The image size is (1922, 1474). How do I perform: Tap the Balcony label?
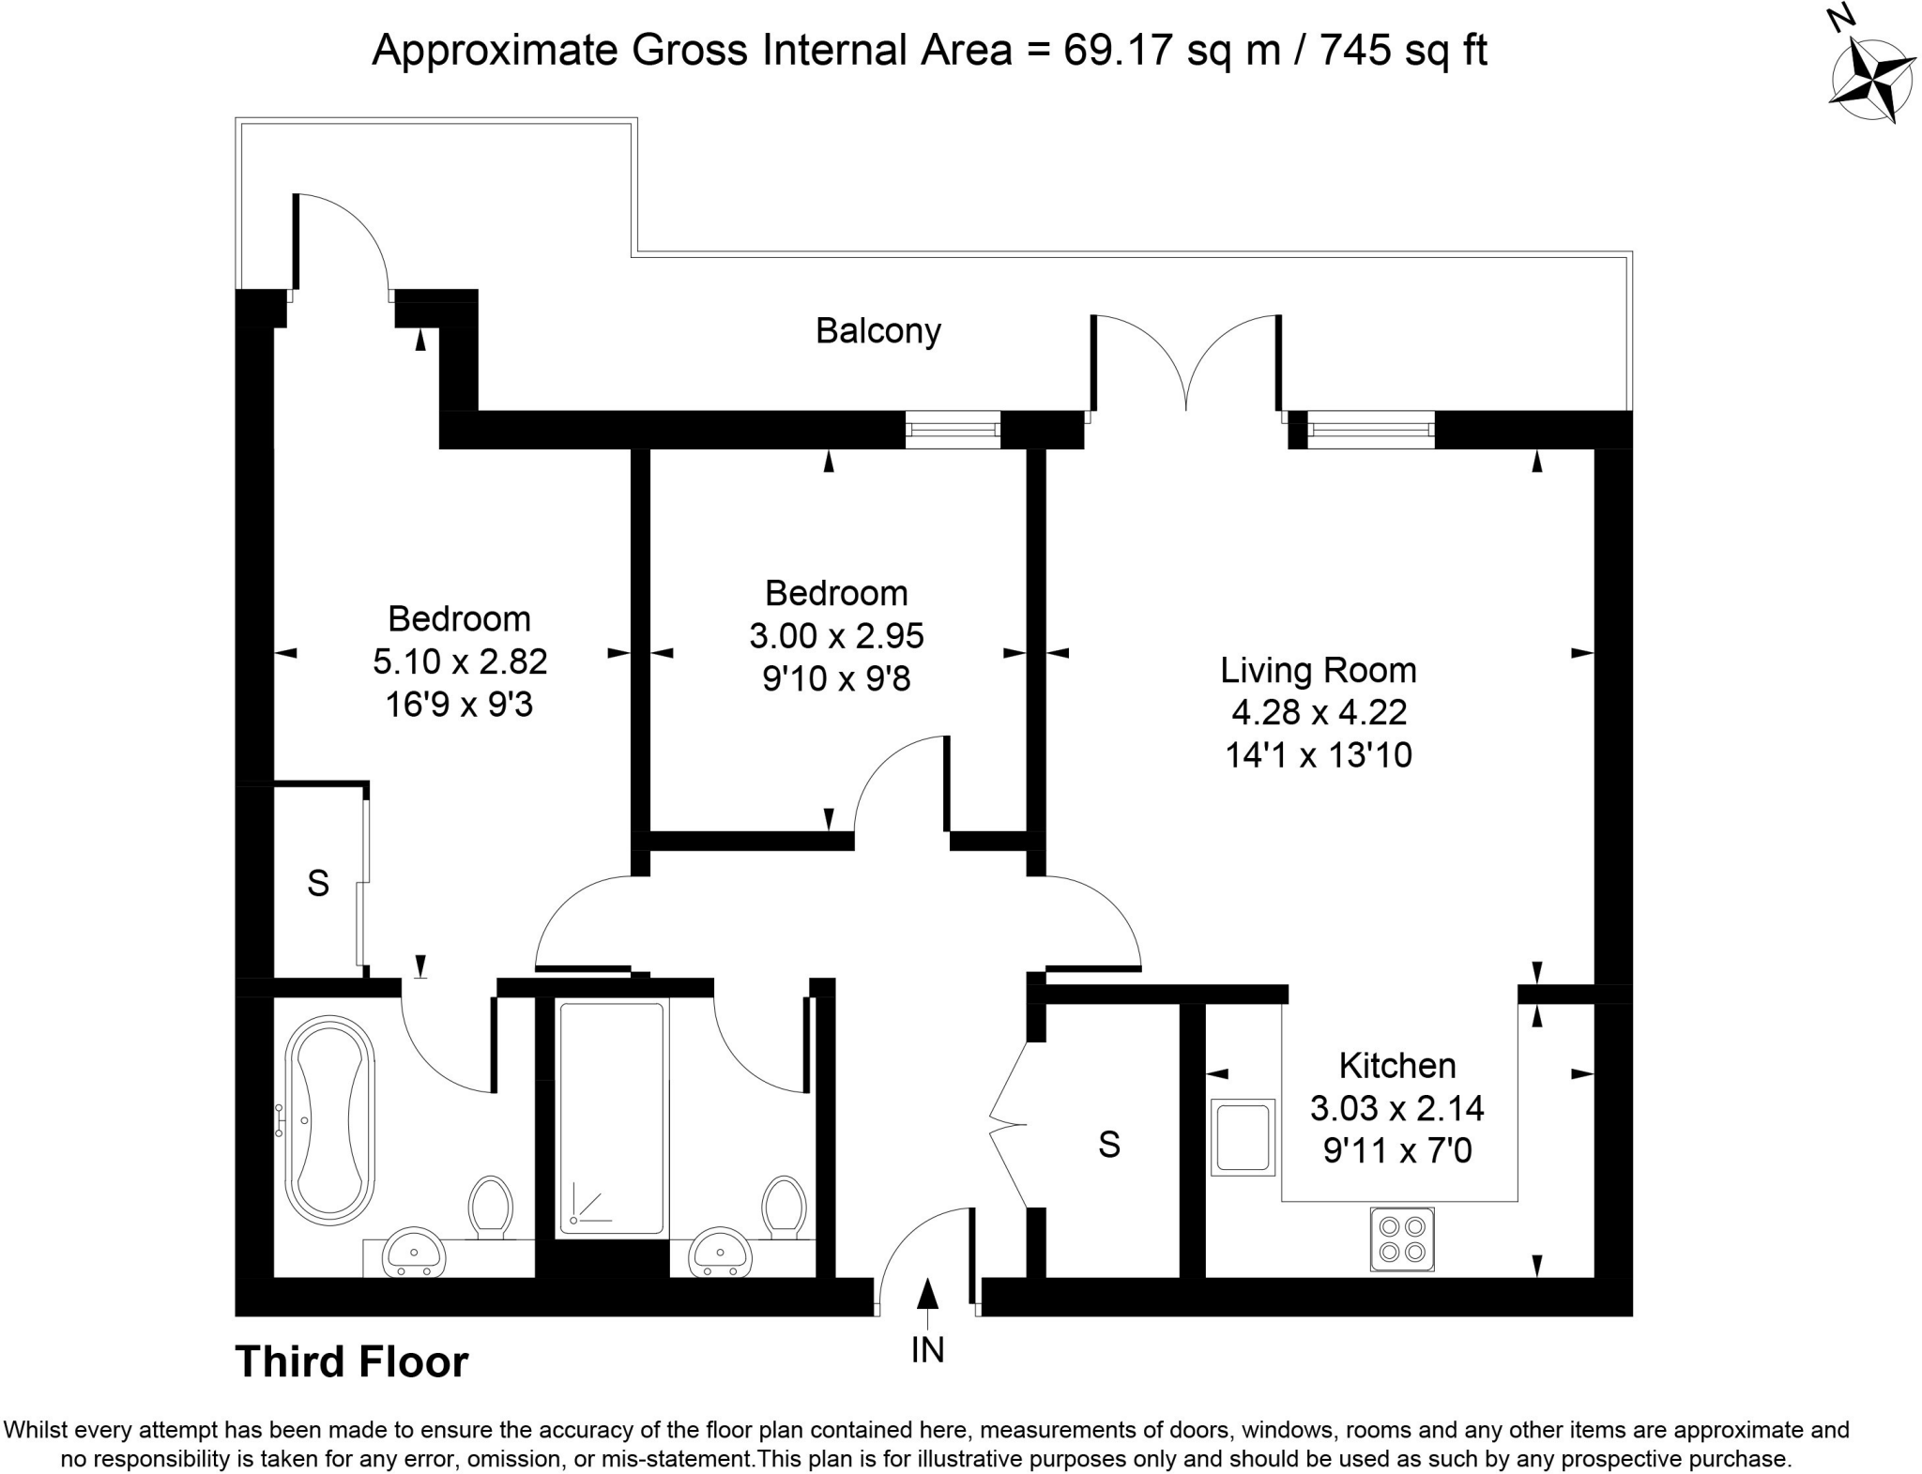pos(877,331)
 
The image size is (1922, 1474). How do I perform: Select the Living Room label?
pos(1318,670)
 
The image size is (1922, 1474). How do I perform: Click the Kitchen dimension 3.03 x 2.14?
pos(1396,1108)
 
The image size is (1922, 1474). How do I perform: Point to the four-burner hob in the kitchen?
pos(1402,1239)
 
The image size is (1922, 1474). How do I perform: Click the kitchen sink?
pos(1243,1137)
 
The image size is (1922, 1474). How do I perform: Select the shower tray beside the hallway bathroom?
pos(612,1118)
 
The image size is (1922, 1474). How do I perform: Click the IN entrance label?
pos(927,1350)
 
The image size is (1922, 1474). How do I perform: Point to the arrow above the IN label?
pos(927,1294)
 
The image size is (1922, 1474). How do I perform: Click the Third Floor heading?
pos(351,1362)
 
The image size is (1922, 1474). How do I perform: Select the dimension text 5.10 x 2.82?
pos(460,661)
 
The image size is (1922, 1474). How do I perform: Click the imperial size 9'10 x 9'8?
pos(836,677)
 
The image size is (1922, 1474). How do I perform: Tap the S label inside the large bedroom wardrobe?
pos(318,883)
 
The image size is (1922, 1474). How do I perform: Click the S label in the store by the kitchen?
pos(1108,1145)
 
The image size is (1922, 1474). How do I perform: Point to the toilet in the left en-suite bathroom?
pos(490,1207)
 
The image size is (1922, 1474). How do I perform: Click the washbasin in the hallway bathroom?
pos(720,1252)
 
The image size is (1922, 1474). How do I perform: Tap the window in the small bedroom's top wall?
pos(953,430)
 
